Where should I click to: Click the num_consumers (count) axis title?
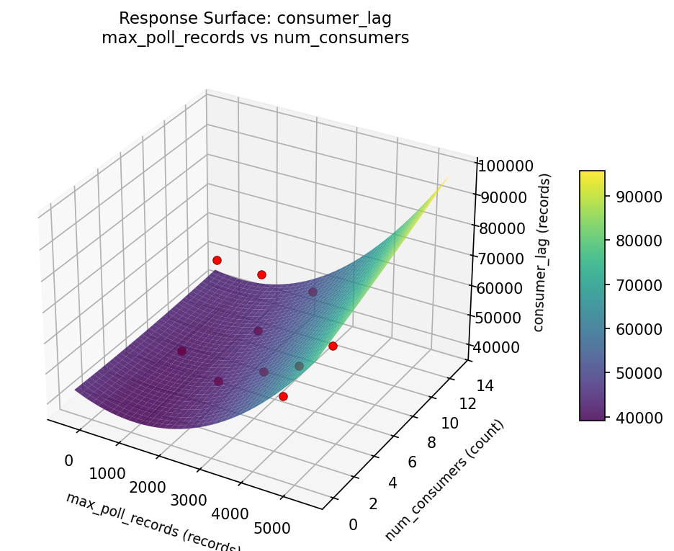click(444, 479)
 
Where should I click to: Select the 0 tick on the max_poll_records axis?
click(69, 461)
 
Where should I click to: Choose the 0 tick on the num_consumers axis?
click(352, 524)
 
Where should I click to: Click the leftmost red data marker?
click(217, 260)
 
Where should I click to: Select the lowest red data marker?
click(283, 396)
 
